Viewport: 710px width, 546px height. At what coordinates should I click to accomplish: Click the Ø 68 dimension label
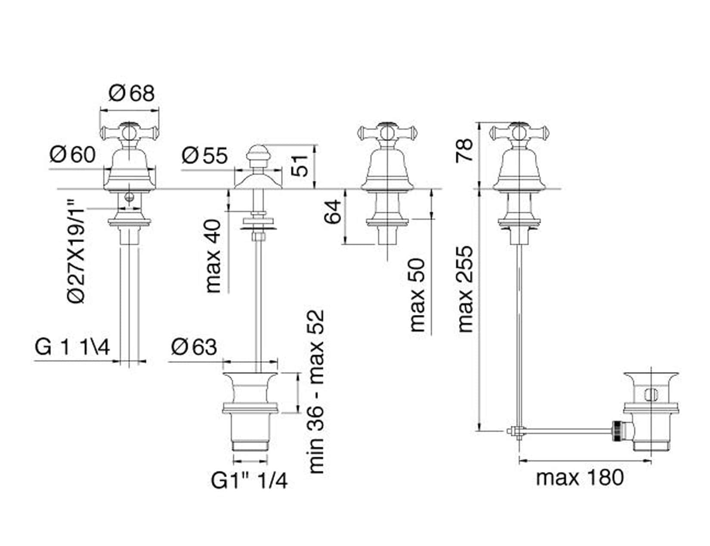(x=131, y=93)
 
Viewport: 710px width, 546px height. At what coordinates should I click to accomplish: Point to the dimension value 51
(x=299, y=166)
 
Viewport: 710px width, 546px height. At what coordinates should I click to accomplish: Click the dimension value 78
(x=464, y=150)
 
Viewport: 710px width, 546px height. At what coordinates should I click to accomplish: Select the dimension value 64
(x=333, y=212)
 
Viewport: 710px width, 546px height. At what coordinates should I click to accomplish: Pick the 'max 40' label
(x=213, y=256)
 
